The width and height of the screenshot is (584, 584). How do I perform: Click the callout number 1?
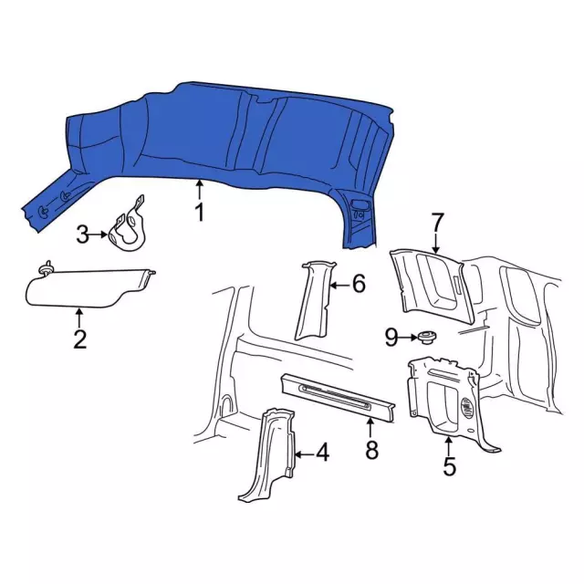click(200, 213)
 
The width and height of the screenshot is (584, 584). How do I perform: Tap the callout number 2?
click(80, 339)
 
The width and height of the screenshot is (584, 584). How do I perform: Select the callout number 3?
click(83, 235)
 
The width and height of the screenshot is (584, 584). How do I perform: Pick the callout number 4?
click(322, 453)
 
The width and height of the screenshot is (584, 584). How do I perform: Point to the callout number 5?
click(449, 466)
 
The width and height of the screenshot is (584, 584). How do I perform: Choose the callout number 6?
click(359, 284)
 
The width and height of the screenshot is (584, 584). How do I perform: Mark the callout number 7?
click(437, 222)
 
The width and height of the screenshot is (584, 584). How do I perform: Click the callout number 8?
click(371, 450)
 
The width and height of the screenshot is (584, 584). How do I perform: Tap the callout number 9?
click(391, 338)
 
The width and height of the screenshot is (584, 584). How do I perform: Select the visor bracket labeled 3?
click(128, 225)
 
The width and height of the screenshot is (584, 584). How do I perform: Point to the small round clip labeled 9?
click(426, 338)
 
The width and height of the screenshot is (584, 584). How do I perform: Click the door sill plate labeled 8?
click(338, 398)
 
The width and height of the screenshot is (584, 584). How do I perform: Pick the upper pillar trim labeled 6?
click(314, 300)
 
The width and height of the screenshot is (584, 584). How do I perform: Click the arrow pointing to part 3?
click(98, 235)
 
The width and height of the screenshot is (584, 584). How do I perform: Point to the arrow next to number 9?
click(408, 338)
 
